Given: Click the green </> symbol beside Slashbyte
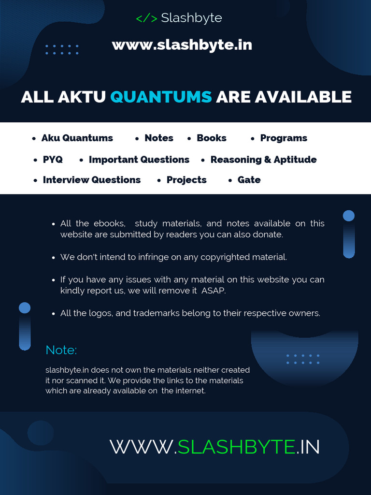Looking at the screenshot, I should [146, 18].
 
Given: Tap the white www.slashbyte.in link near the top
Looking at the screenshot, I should [182, 45].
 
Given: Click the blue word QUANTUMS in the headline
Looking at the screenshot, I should [161, 97].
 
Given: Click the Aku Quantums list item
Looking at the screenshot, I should [77, 138].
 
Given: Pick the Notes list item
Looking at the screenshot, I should [158, 138].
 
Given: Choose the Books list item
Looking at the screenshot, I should [211, 138].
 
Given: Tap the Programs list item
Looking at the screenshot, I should [283, 138].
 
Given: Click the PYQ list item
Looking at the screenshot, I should [53, 160].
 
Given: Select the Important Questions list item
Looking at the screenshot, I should [139, 160].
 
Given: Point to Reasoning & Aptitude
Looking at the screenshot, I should [263, 160].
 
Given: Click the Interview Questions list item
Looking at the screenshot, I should [91, 180].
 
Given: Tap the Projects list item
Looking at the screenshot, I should [186, 180].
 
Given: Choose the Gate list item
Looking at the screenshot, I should [249, 180].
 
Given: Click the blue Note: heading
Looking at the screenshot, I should [61, 350].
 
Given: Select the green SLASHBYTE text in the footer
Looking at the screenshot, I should [236, 447].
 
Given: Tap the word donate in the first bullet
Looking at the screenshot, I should [269, 235].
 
